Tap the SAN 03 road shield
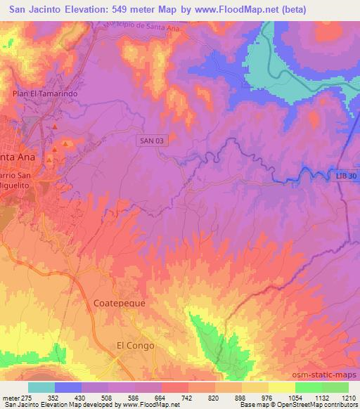152,141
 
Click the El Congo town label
134,346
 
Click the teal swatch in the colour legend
41,387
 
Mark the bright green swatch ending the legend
335,387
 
